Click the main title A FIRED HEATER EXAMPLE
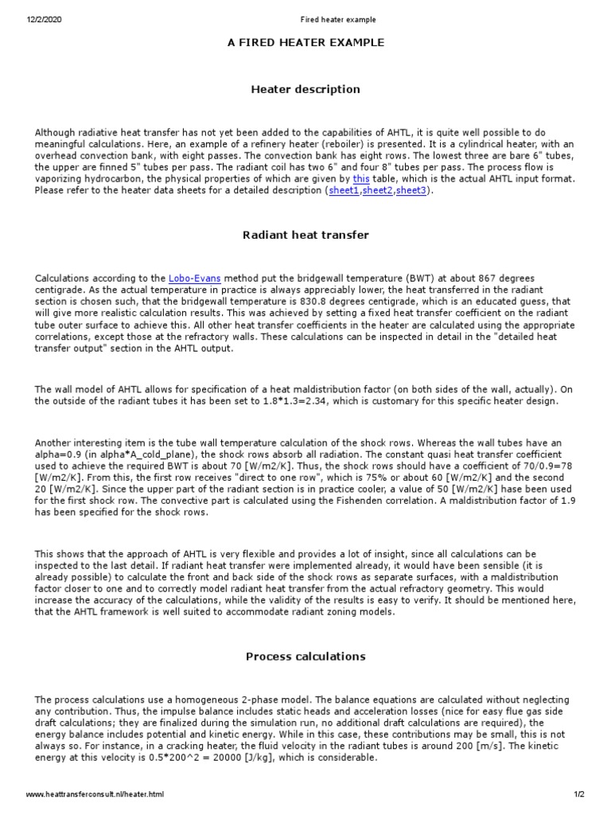coord(305,42)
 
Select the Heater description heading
coord(305,89)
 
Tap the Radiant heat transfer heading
coord(305,235)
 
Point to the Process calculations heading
coord(305,657)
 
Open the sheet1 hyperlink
coord(344,192)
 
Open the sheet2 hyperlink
coord(378,192)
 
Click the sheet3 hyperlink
coord(412,192)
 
